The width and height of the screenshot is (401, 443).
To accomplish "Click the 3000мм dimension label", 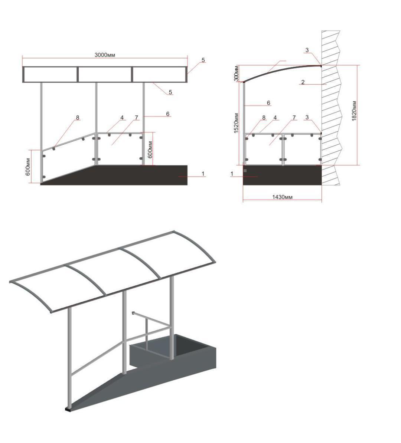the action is [105, 55].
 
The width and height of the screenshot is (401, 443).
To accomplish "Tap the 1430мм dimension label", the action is [282, 197].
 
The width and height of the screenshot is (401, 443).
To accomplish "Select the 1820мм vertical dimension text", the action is [354, 111].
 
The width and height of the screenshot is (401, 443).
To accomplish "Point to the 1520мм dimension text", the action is [237, 123].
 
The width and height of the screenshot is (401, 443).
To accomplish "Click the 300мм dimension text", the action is [237, 73].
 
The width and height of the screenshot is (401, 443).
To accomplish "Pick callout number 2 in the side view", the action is [303, 82].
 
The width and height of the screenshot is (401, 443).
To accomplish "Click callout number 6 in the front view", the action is [168, 114].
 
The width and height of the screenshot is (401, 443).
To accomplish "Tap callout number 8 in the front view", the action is [78, 118].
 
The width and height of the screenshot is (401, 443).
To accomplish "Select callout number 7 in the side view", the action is [294, 118].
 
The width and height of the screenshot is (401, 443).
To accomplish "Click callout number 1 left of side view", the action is [232, 174].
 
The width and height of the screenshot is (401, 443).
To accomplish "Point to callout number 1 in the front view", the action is [203, 174].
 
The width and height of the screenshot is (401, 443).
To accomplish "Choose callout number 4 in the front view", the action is [122, 118].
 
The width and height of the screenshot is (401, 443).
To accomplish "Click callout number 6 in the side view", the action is [269, 103].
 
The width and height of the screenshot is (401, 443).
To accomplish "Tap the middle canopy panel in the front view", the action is [105, 75].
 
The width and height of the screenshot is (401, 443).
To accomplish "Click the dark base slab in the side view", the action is [282, 175].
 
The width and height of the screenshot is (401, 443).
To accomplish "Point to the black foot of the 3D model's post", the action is [68, 409].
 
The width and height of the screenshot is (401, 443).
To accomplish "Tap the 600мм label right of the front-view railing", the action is [150, 150].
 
